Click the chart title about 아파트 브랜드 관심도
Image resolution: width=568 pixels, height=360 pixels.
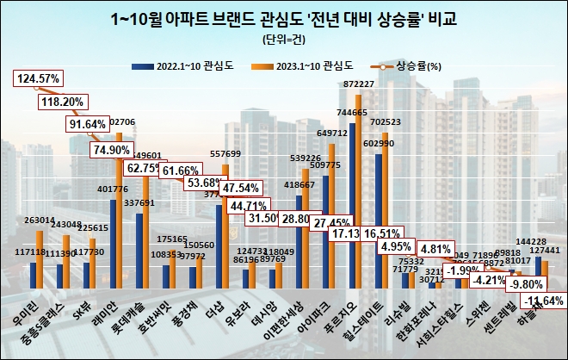283,18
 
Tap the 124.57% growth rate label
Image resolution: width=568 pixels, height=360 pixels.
37,79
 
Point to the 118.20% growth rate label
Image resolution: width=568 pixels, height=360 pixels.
62,101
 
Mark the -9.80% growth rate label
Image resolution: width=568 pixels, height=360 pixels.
518,283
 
